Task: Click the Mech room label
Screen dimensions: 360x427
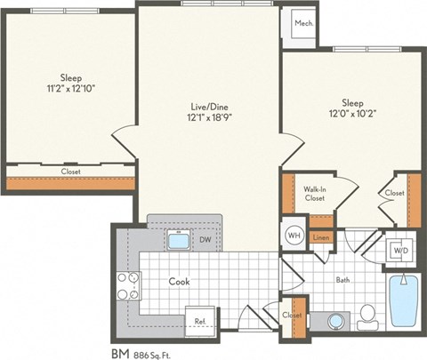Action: click(303, 23)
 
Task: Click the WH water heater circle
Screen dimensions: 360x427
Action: click(294, 235)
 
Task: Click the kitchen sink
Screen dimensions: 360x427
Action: click(177, 241)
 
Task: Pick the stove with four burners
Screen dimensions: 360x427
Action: click(129, 285)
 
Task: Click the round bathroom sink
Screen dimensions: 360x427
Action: click(335, 320)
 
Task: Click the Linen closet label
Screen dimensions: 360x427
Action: click(322, 237)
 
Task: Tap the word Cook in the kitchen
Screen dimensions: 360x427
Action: click(180, 282)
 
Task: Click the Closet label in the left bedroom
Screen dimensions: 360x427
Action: click(70, 171)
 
